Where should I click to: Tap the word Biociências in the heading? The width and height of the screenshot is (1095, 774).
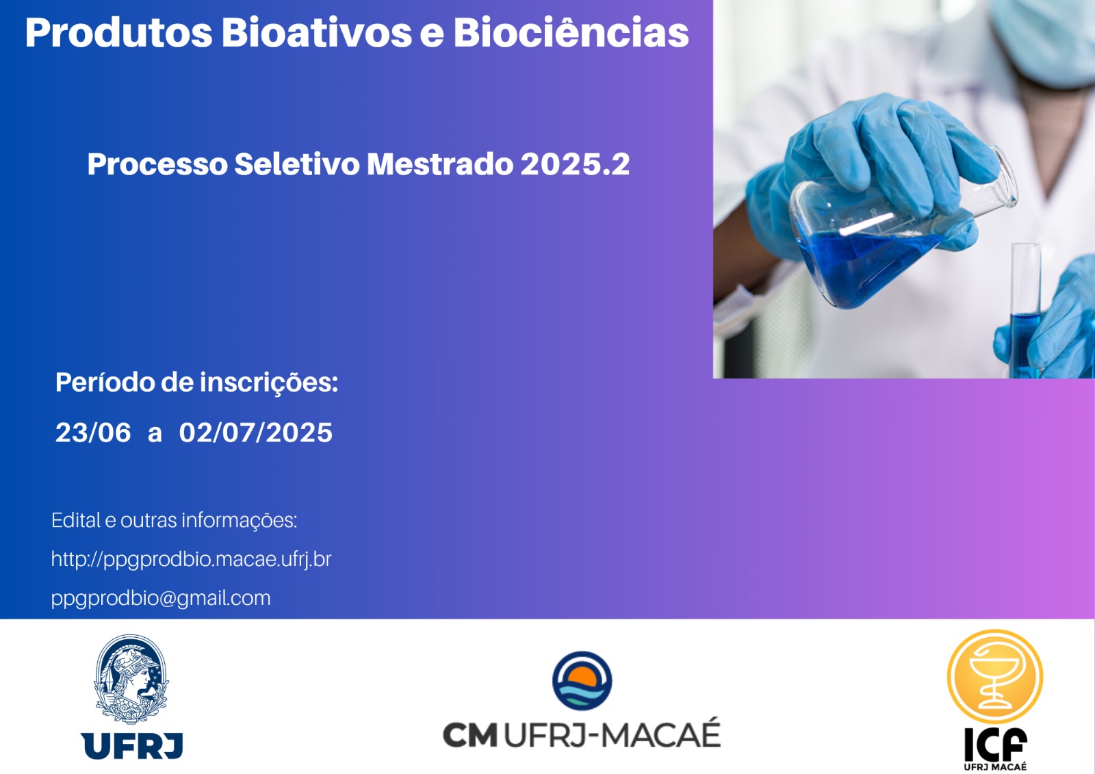coord(571,32)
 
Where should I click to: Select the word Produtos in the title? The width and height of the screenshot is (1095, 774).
coord(119,32)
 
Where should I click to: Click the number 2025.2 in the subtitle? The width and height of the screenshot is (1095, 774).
coord(575,164)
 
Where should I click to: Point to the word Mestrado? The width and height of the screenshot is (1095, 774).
coord(440,164)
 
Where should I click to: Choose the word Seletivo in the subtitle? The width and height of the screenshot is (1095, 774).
coord(297,164)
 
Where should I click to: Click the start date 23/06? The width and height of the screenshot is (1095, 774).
coord(93,433)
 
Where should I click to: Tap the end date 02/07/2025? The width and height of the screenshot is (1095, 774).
coord(256,433)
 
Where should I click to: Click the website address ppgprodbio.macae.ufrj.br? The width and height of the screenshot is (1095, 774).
coord(191,559)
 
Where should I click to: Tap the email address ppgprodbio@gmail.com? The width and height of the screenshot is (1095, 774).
coord(161,598)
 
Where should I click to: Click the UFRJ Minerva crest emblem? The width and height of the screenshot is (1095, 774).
coord(131,679)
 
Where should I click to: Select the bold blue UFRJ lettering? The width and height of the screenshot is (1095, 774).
coord(132,746)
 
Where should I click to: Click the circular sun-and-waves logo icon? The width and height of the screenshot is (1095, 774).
coord(582,681)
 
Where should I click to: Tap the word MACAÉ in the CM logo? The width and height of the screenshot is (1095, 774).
coord(660,734)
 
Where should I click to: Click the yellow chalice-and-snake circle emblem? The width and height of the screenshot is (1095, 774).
coord(995,677)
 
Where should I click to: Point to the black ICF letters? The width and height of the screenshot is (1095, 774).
coord(995,744)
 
